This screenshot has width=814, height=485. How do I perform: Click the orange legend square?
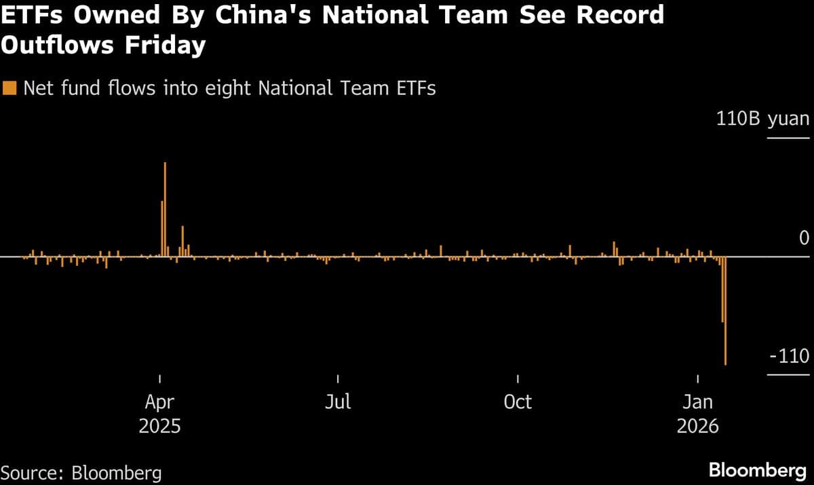point(9,88)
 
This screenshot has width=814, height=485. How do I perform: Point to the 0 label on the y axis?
point(805,238)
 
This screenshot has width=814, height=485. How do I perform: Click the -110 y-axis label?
point(789,356)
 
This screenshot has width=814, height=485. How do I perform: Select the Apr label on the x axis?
point(159,402)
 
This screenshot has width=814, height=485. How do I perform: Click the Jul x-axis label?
point(338,402)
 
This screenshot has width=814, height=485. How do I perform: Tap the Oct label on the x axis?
point(518,402)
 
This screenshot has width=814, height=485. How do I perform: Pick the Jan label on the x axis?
point(698,402)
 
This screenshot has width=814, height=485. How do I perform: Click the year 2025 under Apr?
point(159,427)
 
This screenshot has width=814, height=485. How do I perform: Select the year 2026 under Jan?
point(698,427)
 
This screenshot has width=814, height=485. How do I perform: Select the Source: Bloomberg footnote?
point(81,472)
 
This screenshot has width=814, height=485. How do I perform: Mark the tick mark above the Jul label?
point(338,379)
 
